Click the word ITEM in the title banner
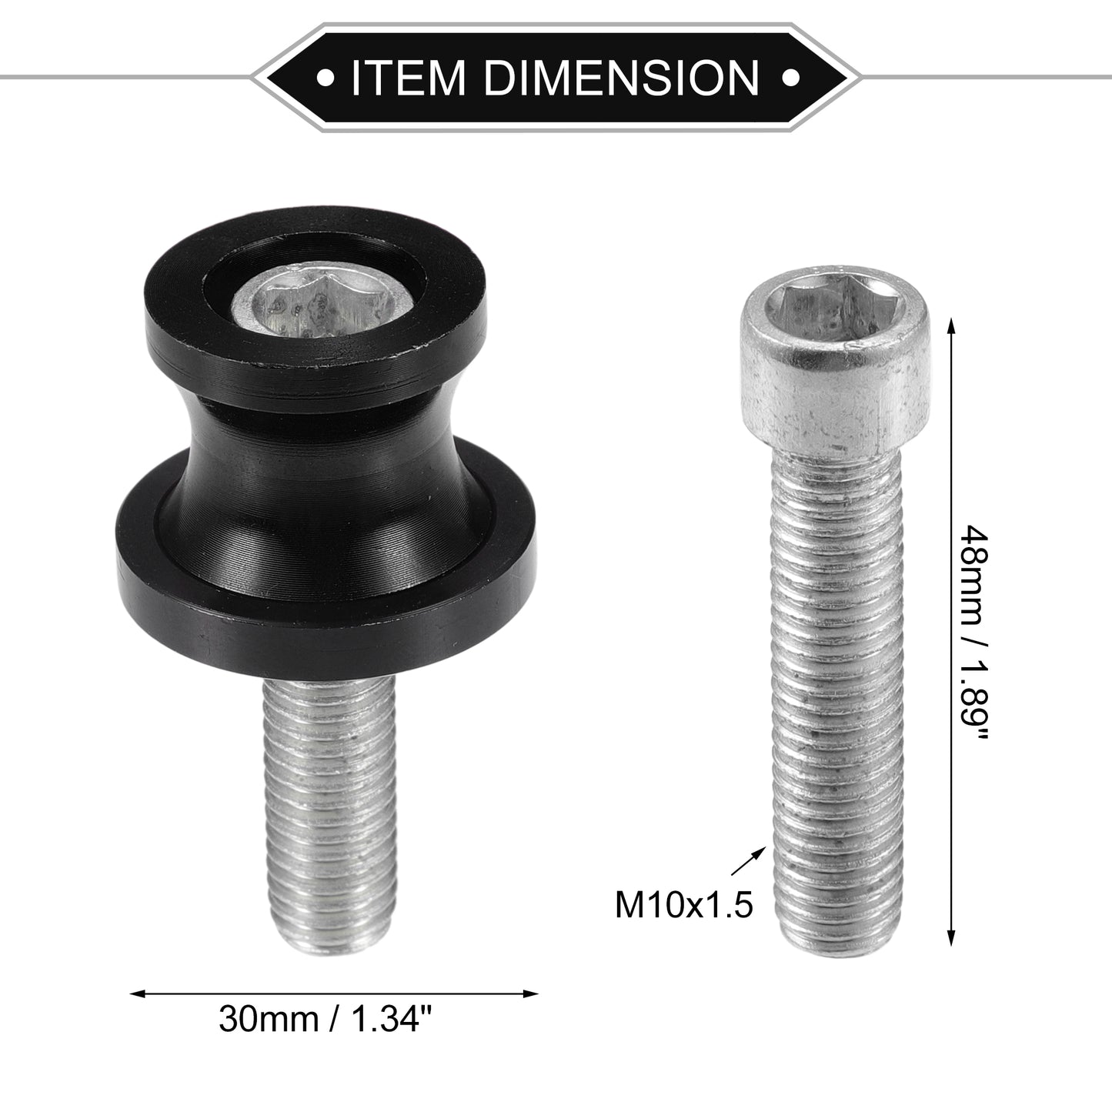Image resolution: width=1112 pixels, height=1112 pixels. [407, 77]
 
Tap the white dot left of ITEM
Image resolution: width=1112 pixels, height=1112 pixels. [326, 77]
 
